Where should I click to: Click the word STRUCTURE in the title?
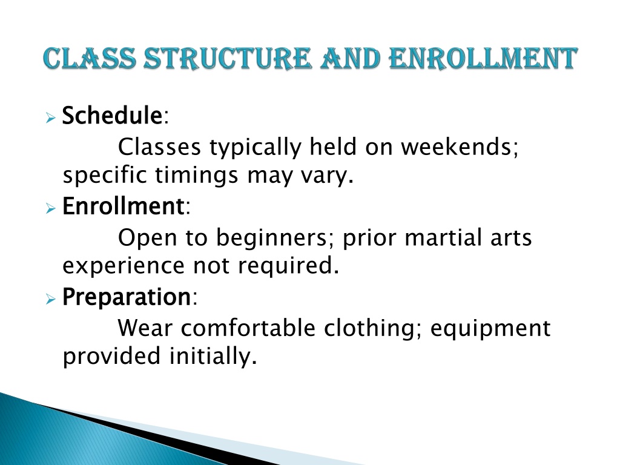tap(227, 59)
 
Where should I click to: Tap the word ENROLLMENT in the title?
tap(483, 59)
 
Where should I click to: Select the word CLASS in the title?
tap(90, 59)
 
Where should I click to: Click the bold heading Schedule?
tap(112, 116)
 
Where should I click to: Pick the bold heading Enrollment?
tap(123, 206)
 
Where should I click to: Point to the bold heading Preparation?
tap(127, 297)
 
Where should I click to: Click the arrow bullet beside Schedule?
tap(50, 117)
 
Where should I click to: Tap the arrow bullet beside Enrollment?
tap(50, 208)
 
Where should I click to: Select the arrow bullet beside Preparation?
tap(50, 299)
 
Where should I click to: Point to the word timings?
tap(196, 175)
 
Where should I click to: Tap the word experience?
tap(124, 266)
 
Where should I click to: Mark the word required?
tap(285, 266)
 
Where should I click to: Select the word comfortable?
tap(248, 328)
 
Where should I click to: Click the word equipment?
tap(490, 329)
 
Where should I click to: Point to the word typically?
tap(256, 148)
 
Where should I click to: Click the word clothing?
tap(369, 329)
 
